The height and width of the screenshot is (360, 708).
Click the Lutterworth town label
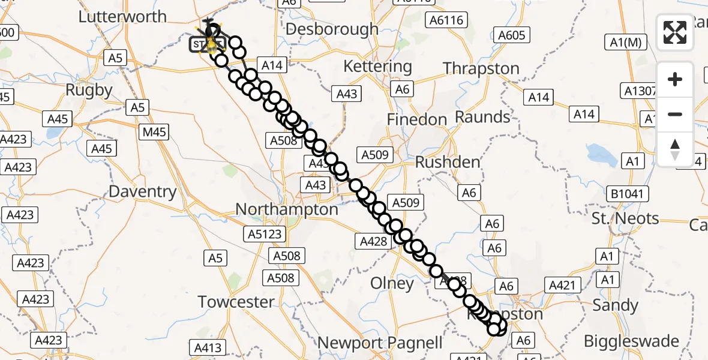[122, 16]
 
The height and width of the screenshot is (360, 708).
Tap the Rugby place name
[89, 90]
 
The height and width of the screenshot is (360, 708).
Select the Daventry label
[143, 192]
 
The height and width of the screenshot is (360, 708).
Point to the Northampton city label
[287, 209]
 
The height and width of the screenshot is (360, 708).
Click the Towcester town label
[236, 302]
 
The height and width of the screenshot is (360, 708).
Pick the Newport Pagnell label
[380, 343]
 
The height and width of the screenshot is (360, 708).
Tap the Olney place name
[392, 283]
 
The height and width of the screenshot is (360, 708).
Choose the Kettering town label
[378, 66]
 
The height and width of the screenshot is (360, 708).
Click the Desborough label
[332, 29]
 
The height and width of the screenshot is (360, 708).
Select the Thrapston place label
[481, 68]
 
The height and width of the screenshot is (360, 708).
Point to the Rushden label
[448, 162]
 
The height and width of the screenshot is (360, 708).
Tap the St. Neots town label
[625, 218]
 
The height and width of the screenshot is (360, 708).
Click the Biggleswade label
[632, 341]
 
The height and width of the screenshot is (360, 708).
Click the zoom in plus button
[675, 79]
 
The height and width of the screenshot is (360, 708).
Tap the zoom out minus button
[675, 114]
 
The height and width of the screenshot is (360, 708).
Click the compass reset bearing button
[675, 149]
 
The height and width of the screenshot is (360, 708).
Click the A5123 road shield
[265, 233]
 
